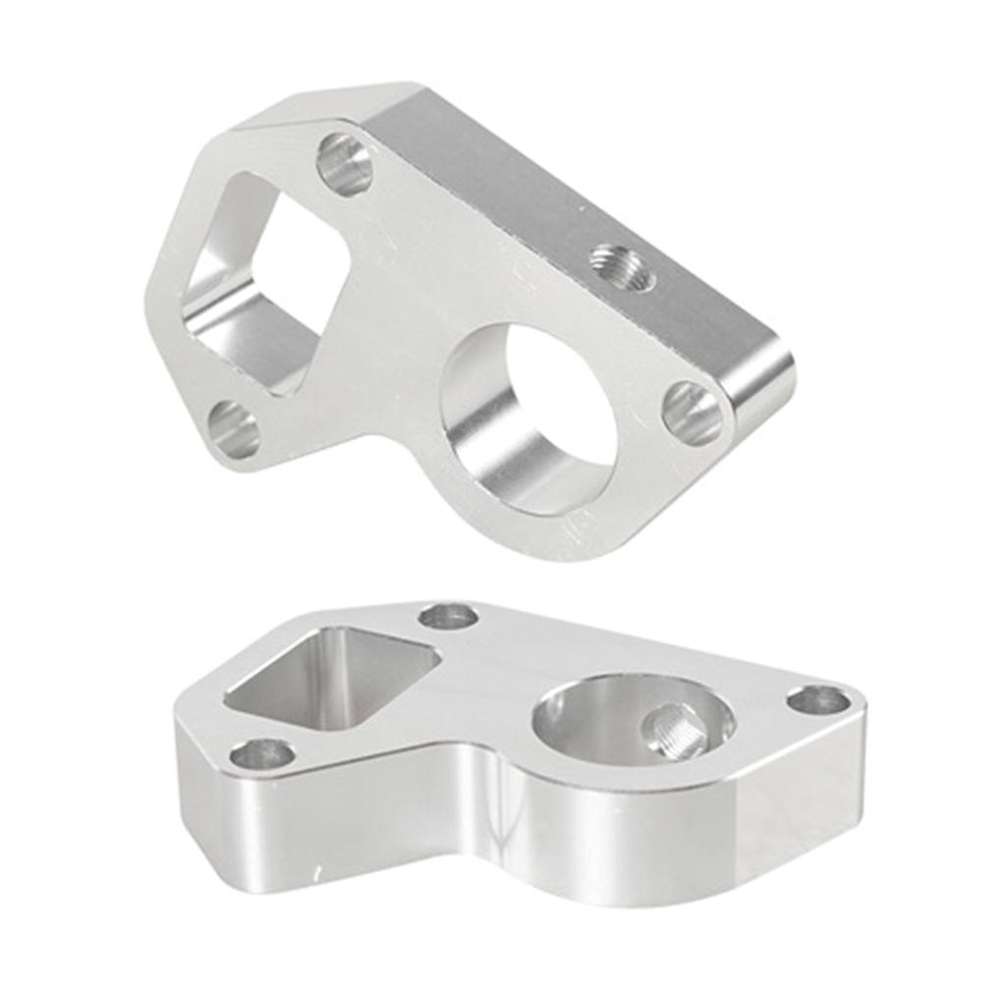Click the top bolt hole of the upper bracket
[345, 164]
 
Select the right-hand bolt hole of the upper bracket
[693, 414]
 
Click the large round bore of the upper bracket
[531, 418]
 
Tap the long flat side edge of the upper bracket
[570, 216]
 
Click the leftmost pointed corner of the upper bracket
[152, 295]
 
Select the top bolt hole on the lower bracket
[448, 617]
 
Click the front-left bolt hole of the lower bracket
[262, 754]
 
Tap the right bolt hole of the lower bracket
[818, 700]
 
